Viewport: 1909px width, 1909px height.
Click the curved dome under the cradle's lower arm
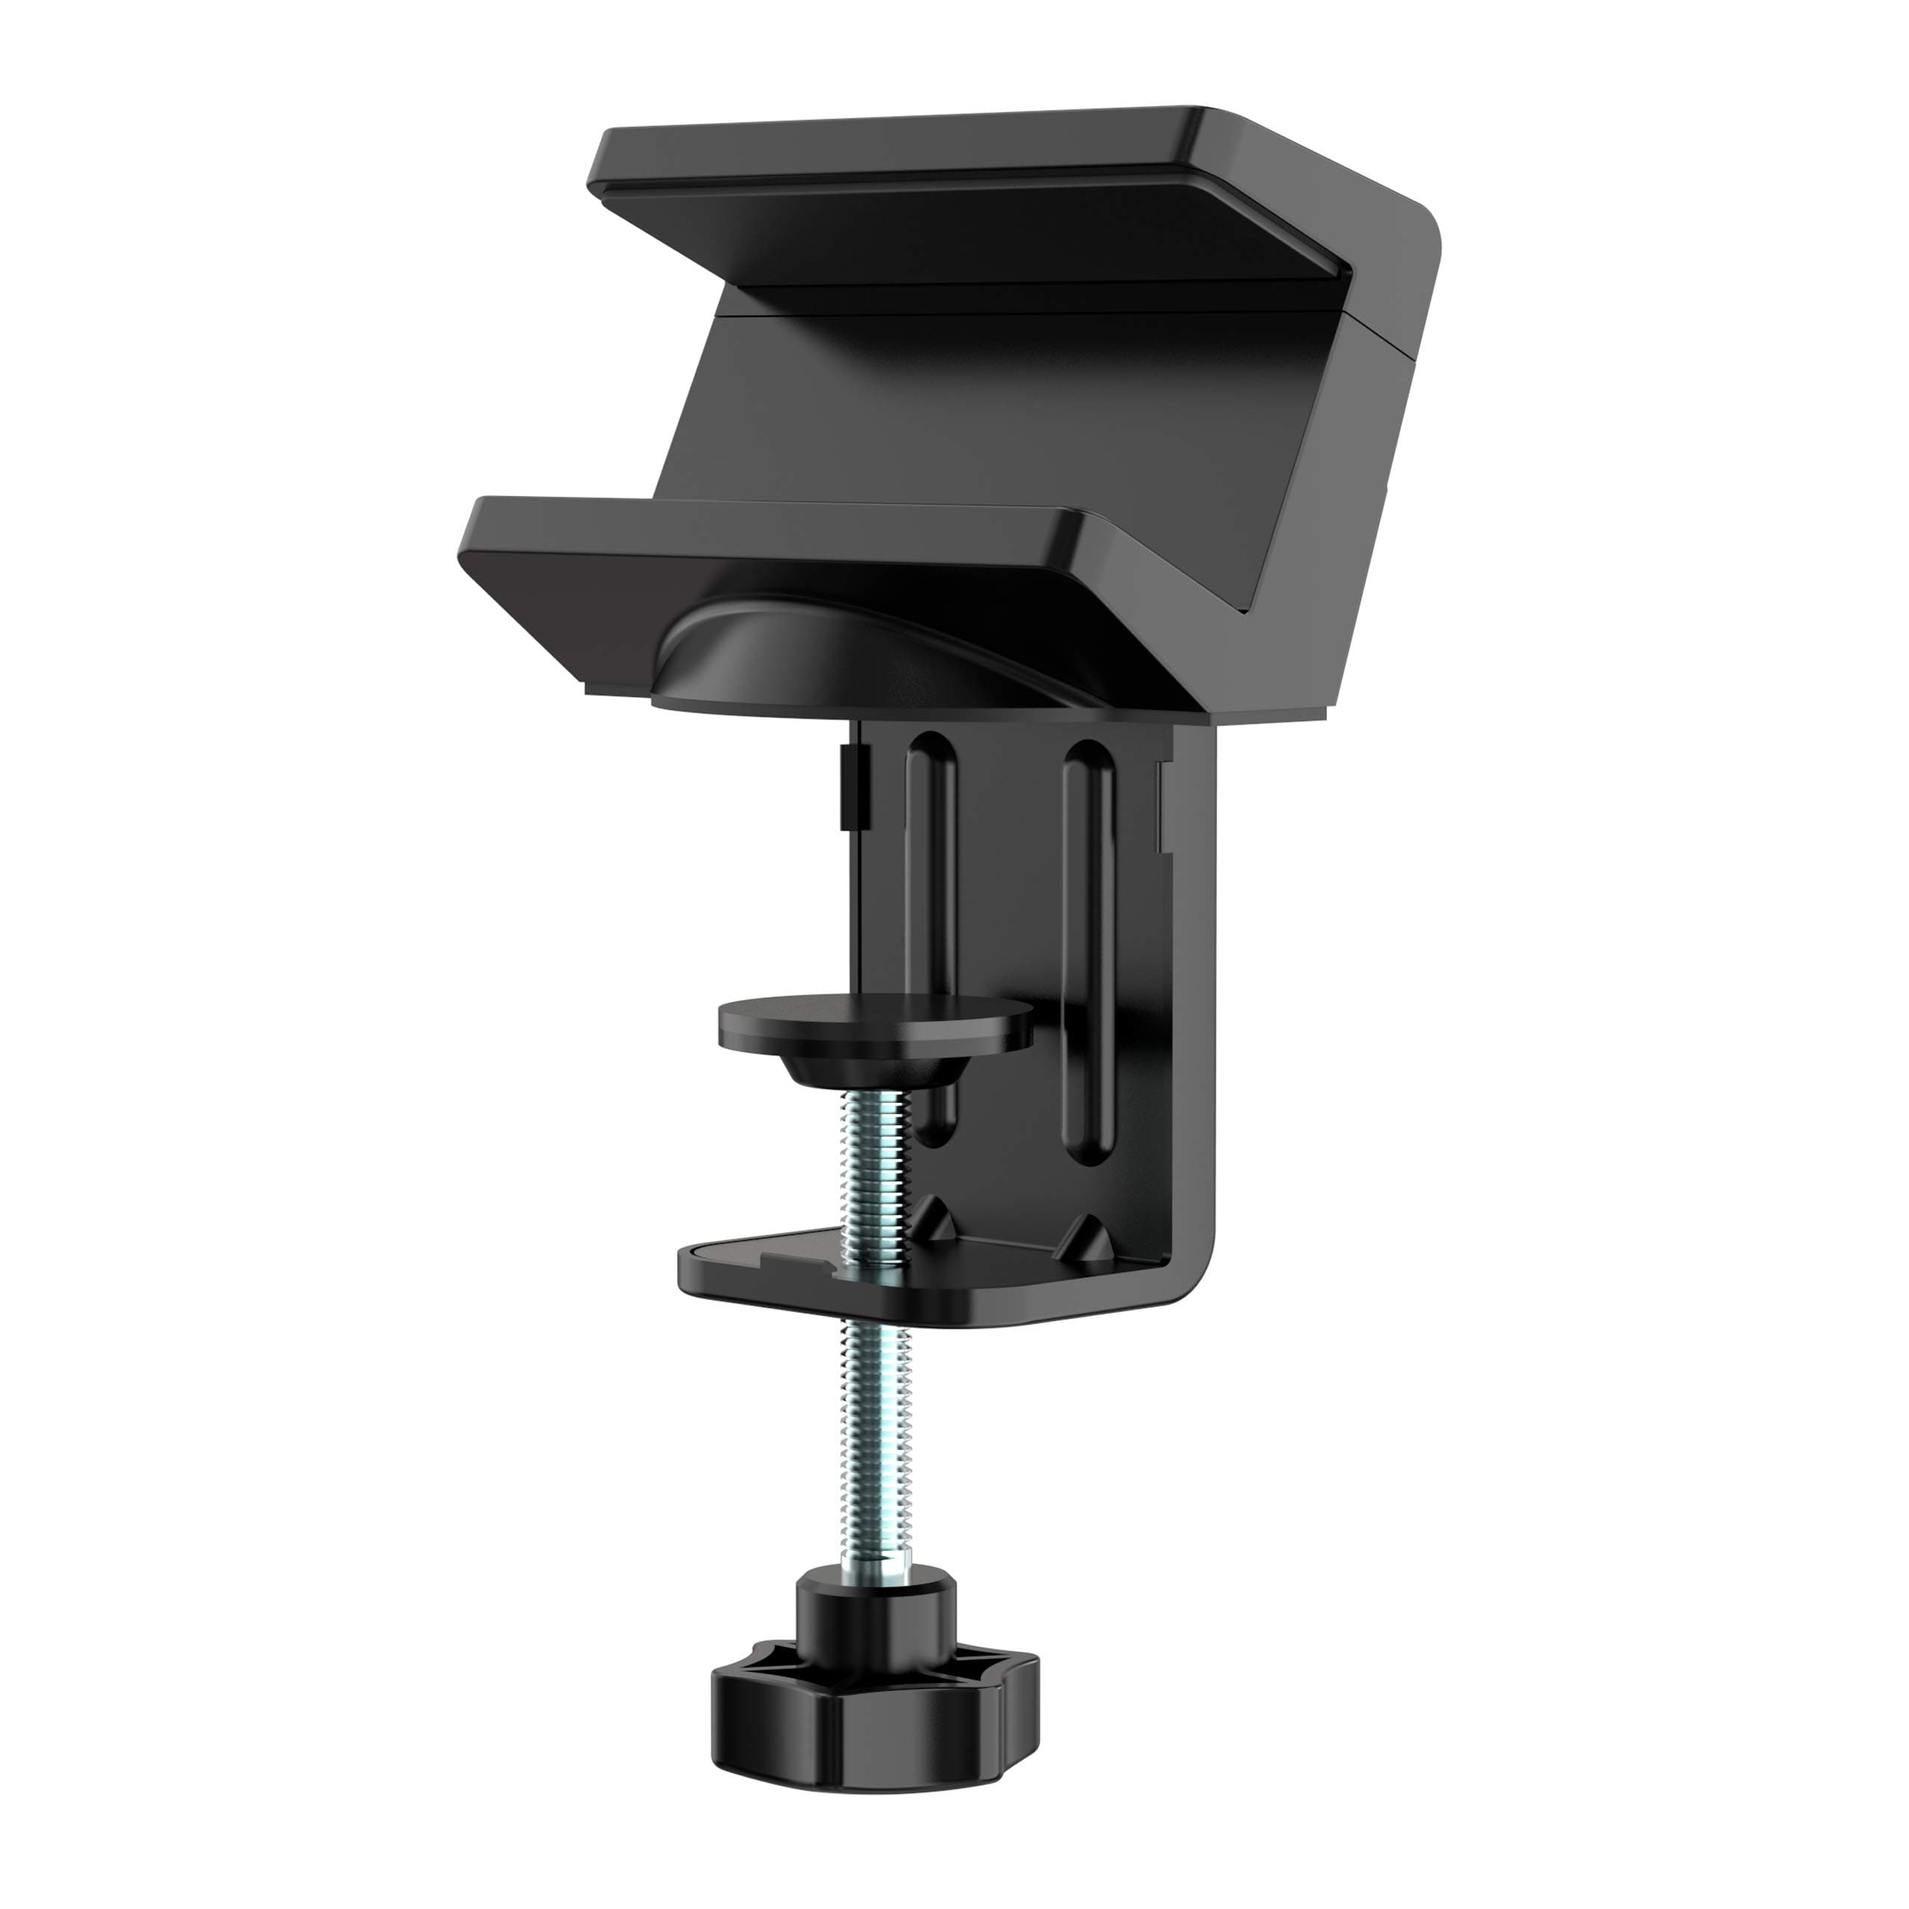coord(840,652)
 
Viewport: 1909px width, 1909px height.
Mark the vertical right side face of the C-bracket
coord(1195,988)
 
